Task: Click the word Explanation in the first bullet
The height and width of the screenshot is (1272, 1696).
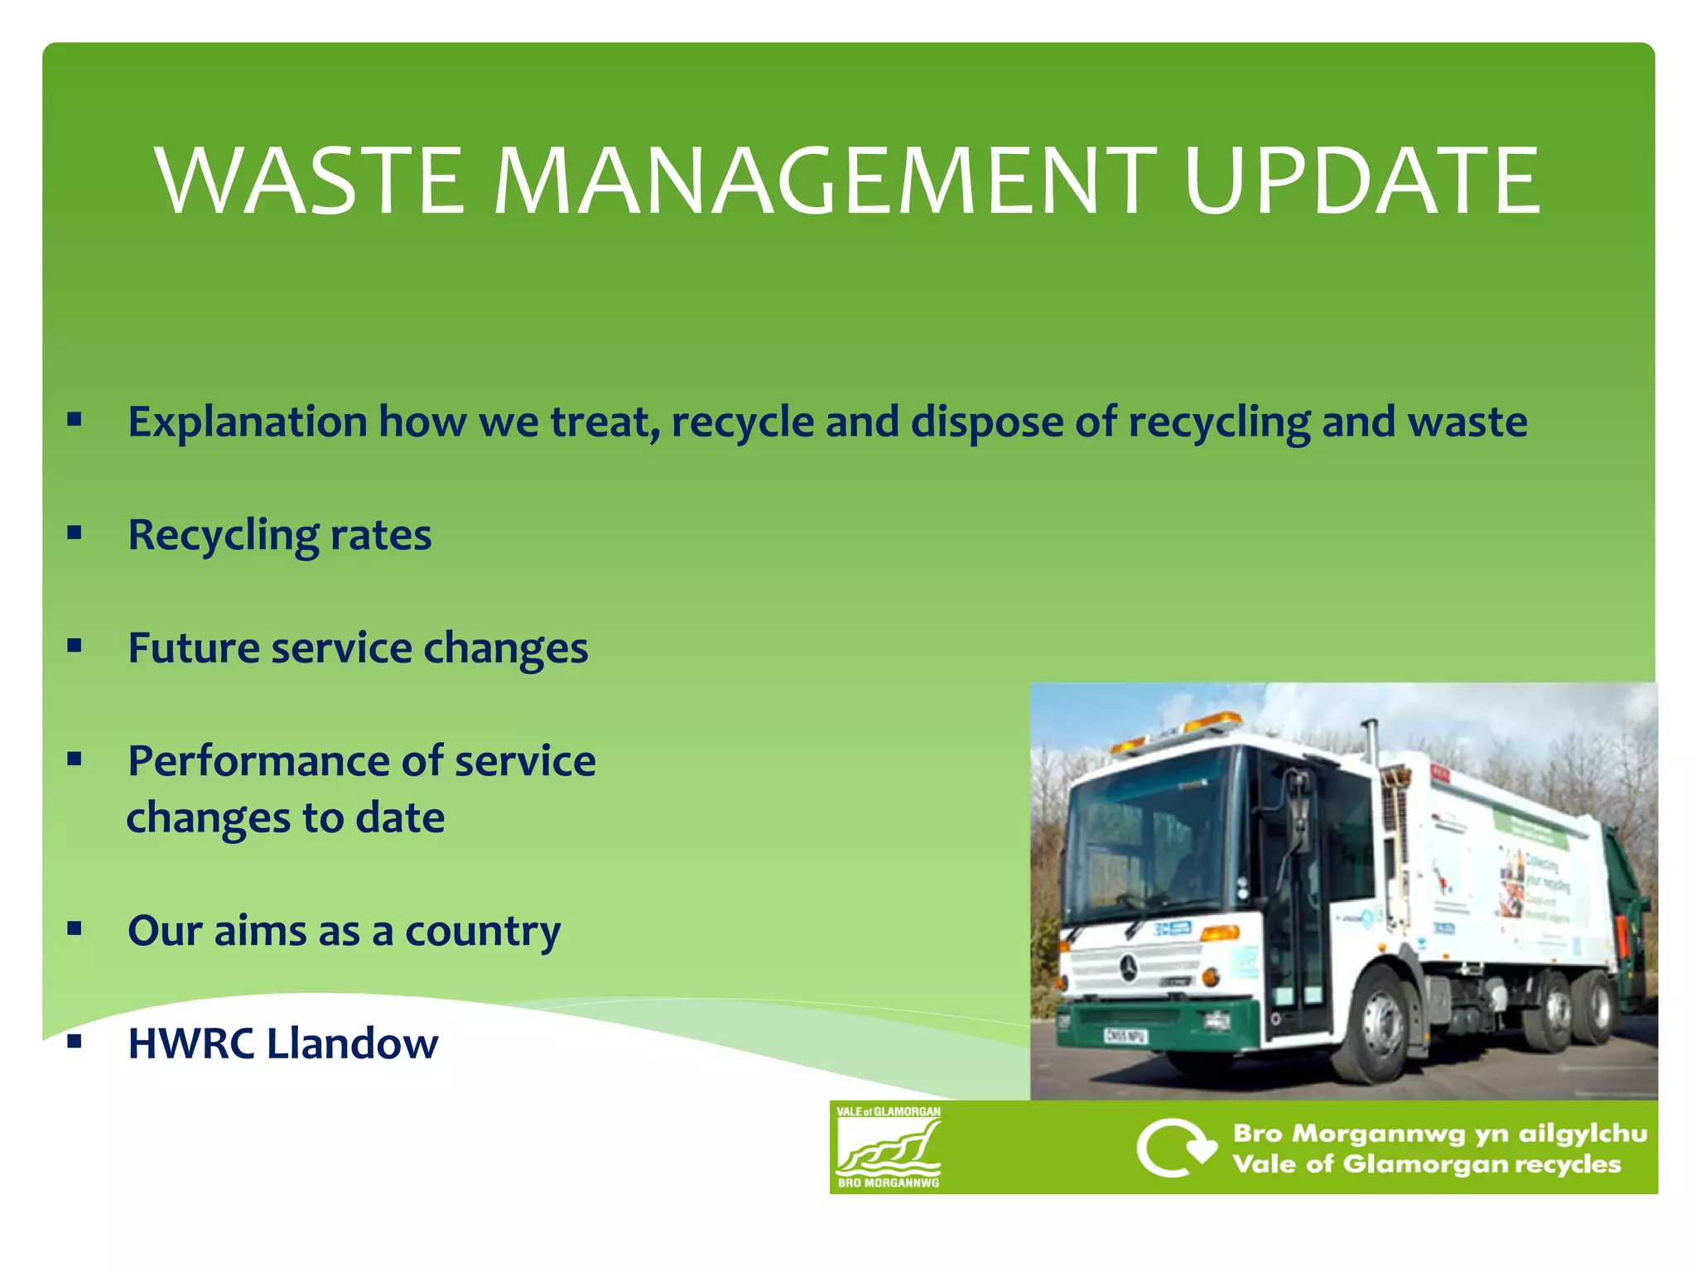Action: click(x=247, y=422)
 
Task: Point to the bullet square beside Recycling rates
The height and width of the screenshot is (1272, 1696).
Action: click(x=75, y=533)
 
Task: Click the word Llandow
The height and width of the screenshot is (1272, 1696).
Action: click(x=353, y=1043)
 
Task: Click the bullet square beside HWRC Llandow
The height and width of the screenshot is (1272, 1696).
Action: click(x=75, y=1042)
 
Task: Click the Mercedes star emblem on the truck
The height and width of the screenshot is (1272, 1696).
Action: click(x=1128, y=966)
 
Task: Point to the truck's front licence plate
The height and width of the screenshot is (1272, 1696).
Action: click(x=1125, y=1036)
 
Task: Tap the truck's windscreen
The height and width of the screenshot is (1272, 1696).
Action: click(x=1147, y=836)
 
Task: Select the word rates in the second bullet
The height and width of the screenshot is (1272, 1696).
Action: click(x=380, y=535)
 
